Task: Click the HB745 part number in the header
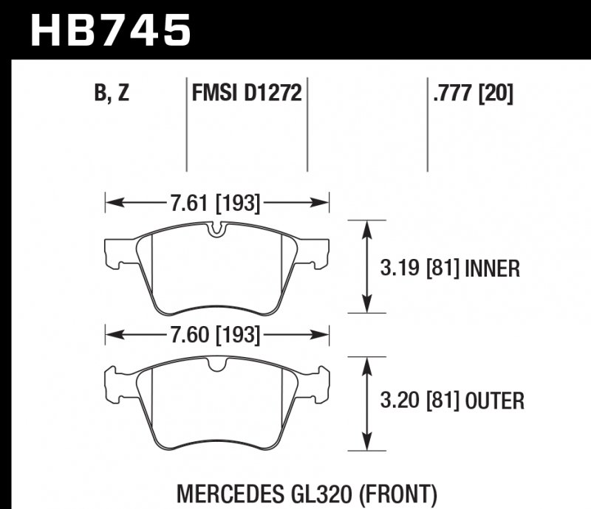click(x=109, y=32)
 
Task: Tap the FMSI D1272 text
click(x=245, y=94)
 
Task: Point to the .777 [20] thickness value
click(x=470, y=94)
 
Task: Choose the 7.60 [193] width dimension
click(x=216, y=336)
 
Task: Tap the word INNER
click(x=493, y=268)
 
